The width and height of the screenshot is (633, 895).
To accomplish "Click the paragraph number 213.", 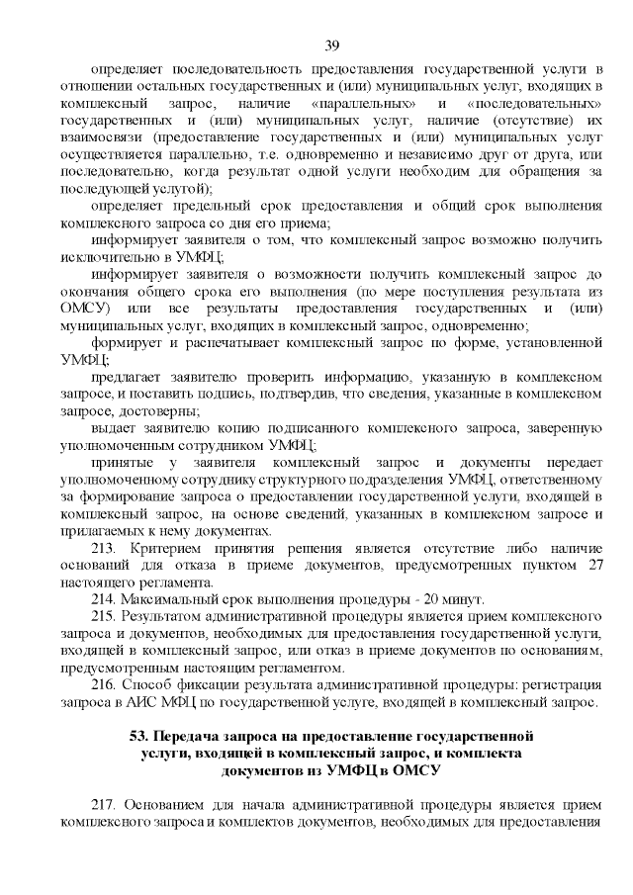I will (x=104, y=548).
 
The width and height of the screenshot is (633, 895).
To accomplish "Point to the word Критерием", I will (x=162, y=548).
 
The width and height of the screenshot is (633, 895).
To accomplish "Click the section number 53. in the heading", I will (x=140, y=737).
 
